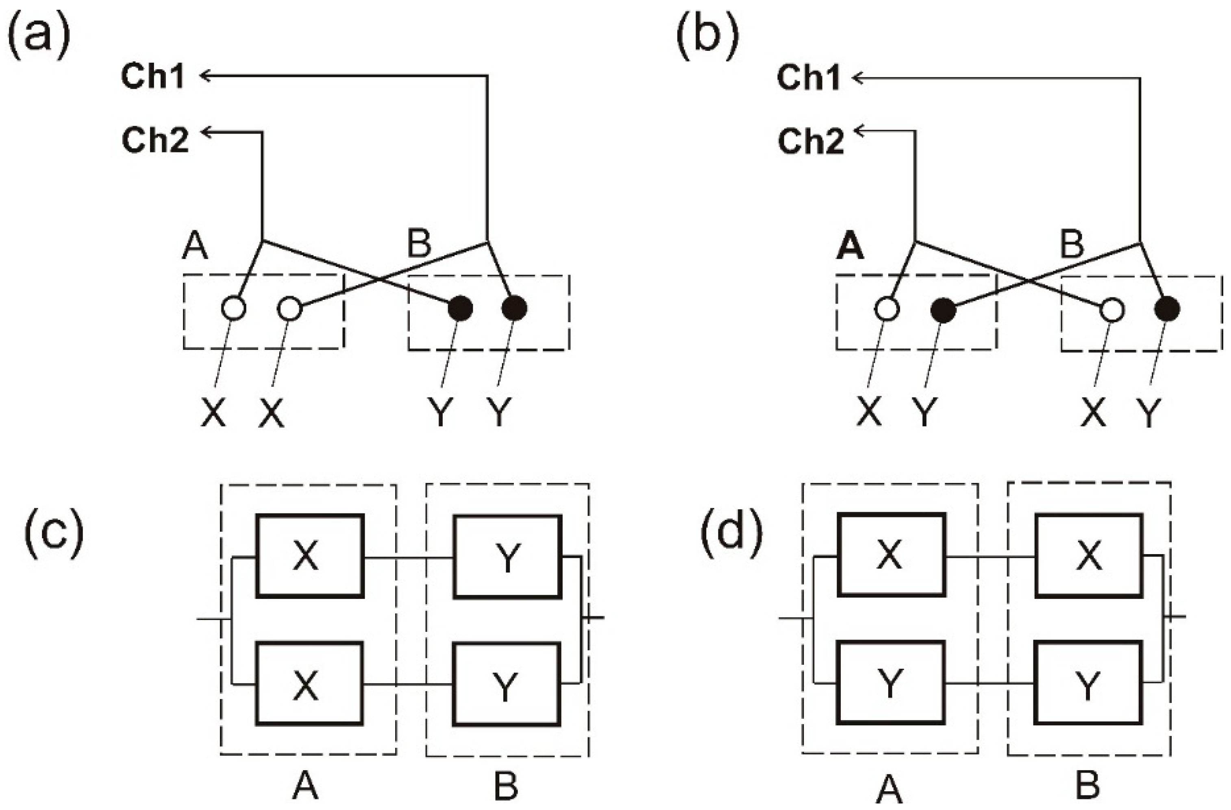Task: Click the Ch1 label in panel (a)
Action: click(x=152, y=76)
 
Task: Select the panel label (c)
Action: click(x=53, y=533)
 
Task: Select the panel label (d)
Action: click(x=731, y=533)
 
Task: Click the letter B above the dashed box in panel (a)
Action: click(x=419, y=244)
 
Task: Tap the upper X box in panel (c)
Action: click(x=310, y=556)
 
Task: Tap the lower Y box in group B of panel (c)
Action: click(x=507, y=684)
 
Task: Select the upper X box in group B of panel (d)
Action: click(x=1088, y=555)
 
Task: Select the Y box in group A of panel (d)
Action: click(x=890, y=682)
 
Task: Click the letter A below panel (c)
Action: click(x=305, y=787)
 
